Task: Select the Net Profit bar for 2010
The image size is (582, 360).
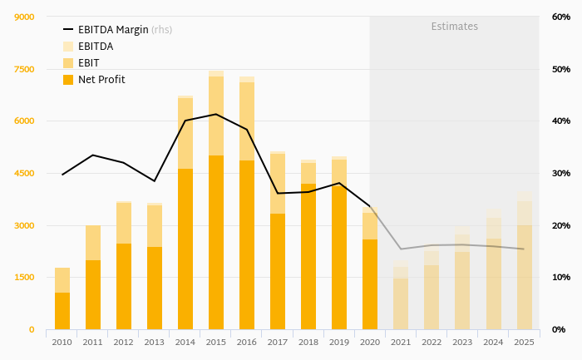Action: [62, 311]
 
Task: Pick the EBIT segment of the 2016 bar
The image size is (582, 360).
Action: [247, 121]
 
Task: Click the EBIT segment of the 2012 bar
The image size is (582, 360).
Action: [124, 223]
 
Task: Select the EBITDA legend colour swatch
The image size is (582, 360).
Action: [68, 47]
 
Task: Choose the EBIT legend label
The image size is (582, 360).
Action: [89, 63]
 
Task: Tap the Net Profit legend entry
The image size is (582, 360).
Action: [101, 80]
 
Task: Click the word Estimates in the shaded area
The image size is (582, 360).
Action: [454, 27]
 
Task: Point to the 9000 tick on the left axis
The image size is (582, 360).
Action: [24, 17]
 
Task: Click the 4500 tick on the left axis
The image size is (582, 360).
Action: [24, 174]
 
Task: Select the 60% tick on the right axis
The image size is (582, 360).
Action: [560, 17]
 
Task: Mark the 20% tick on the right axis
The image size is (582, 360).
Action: [560, 226]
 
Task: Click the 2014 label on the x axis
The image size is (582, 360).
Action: [185, 342]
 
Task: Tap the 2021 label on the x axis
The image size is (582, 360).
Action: [401, 342]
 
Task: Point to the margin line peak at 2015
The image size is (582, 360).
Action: [216, 114]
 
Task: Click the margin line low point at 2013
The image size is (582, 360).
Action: [155, 181]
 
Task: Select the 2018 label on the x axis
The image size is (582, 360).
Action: [308, 342]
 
